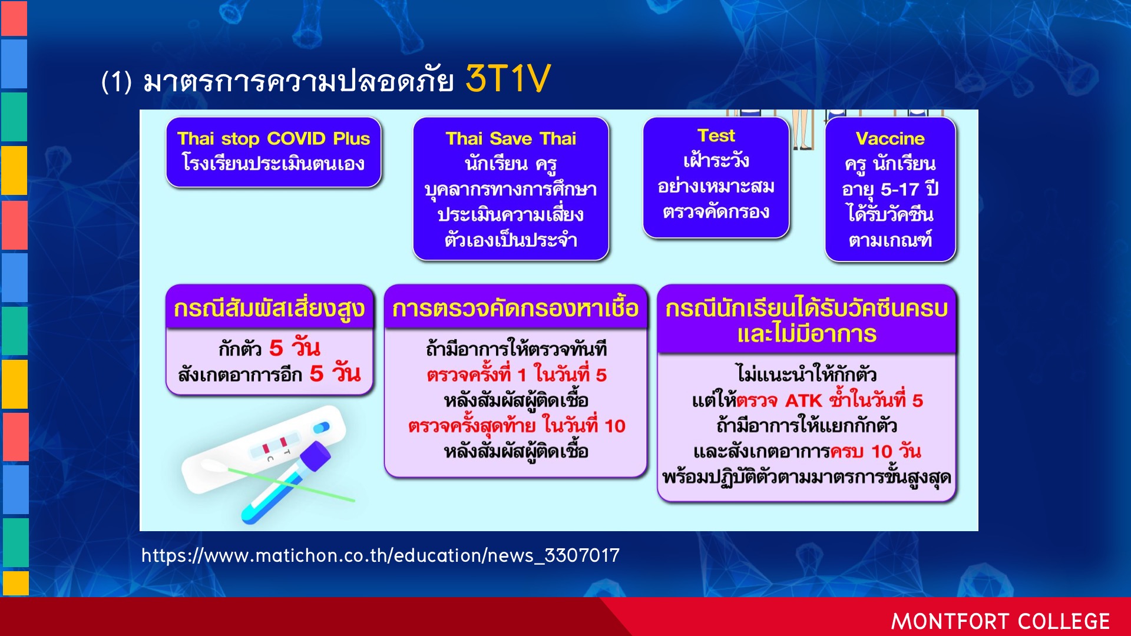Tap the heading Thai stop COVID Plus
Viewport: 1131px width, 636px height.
pos(273,138)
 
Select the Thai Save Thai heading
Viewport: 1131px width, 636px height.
pos(511,138)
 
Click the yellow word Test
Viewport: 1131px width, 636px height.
pos(716,136)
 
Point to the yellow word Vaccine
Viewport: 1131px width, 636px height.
pos(890,138)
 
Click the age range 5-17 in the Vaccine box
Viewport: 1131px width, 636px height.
pos(900,189)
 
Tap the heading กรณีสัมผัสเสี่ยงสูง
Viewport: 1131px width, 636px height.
pos(269,309)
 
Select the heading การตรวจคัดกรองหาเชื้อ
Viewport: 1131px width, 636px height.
pos(515,308)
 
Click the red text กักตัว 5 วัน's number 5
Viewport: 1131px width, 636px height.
pos(276,348)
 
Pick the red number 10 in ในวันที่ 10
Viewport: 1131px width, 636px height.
pos(615,426)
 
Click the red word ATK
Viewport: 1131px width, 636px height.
pos(803,400)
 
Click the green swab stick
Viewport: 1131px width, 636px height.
pos(291,485)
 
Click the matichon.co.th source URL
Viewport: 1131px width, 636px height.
pos(381,555)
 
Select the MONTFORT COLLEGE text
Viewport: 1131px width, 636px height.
pos(1000,621)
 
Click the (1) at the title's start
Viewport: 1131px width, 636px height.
pos(116,81)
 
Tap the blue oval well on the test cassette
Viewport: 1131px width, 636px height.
pos(322,427)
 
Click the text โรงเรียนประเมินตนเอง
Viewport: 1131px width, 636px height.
pos(273,163)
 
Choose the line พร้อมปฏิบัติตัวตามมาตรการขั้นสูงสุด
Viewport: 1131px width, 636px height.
pos(806,477)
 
